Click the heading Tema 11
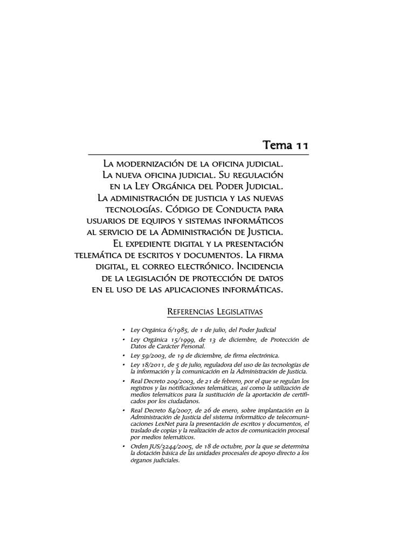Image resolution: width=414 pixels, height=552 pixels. click(286, 145)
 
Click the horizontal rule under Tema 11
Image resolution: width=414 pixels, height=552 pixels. click(199, 155)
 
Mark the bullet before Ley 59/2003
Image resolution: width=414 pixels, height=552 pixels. click(124, 356)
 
